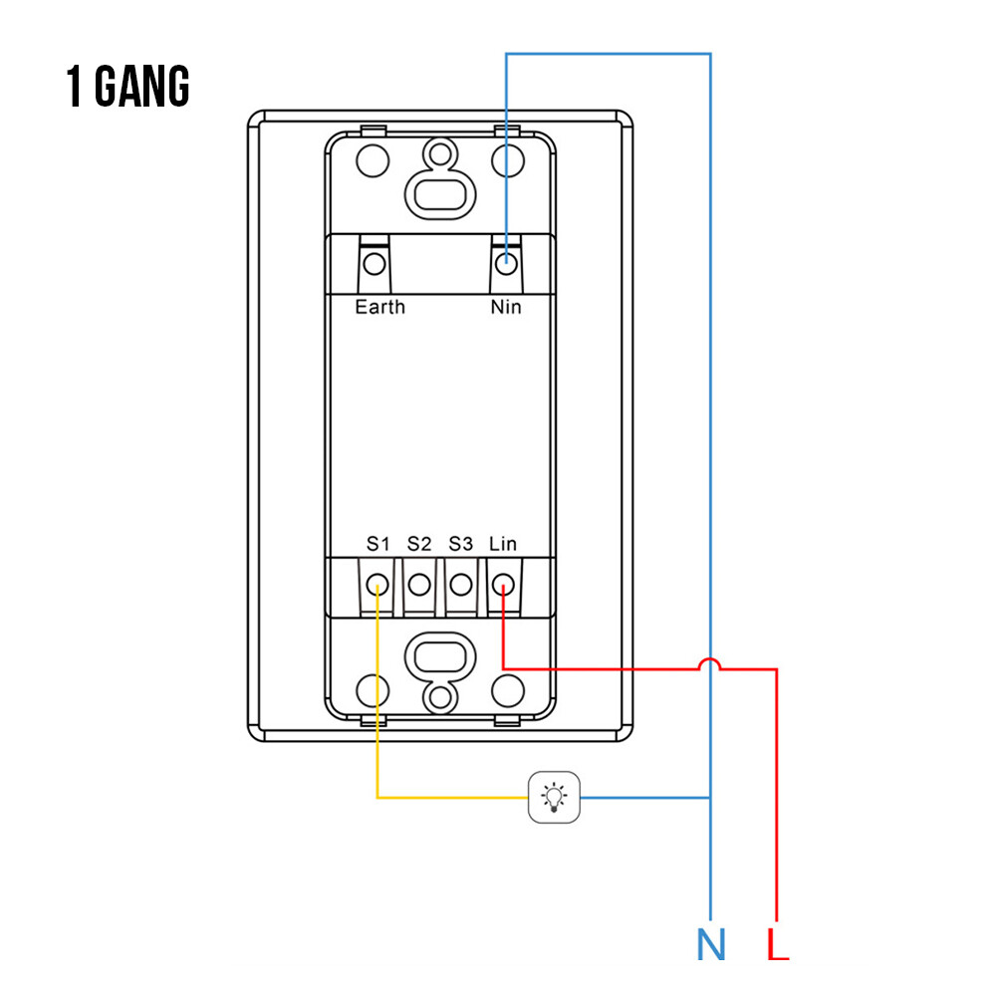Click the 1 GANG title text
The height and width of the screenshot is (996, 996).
coord(127,86)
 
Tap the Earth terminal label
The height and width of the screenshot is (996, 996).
coord(379,307)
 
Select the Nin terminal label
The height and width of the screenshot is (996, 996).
coord(506,307)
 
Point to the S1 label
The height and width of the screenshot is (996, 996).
coord(377,544)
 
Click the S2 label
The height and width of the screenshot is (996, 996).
coord(419,544)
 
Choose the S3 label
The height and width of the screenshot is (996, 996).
coord(460,544)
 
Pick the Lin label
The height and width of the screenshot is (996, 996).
coord(502,544)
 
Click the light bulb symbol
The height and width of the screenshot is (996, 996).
coord(554,797)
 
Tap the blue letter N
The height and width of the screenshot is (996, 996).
coord(711,944)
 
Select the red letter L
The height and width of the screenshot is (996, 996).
coord(778,944)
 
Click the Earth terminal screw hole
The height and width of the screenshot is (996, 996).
coord(374,264)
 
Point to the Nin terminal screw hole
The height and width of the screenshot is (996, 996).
coord(506,264)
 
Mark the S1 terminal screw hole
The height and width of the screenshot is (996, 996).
coord(377,585)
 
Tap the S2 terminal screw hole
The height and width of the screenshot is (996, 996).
coord(419,585)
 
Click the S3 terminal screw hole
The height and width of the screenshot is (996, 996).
coord(460,585)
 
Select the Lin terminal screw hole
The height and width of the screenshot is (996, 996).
coord(503,585)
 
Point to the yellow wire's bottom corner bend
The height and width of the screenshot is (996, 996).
coord(377,797)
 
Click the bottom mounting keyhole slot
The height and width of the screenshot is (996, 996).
coord(440,672)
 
